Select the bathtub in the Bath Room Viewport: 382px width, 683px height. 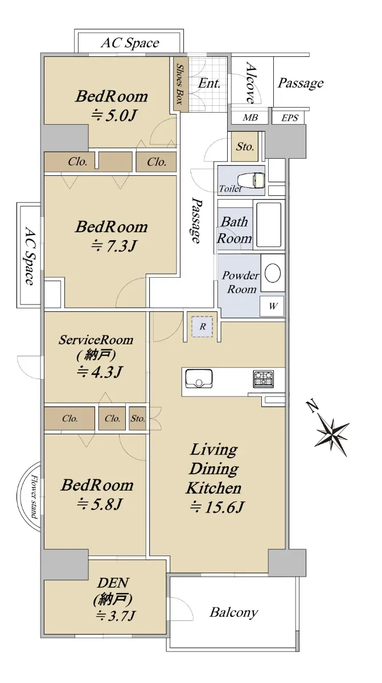click(x=269, y=225)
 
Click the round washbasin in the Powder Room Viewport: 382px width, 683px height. click(x=273, y=273)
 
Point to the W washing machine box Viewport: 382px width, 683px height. click(x=272, y=306)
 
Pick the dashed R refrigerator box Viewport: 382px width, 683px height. click(x=202, y=327)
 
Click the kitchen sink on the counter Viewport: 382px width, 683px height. click(x=199, y=379)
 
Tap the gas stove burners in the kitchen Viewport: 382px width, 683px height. click(x=263, y=378)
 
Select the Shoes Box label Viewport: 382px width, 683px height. click(x=179, y=84)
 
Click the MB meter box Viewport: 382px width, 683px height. click(x=250, y=118)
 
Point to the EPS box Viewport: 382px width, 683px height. click(x=289, y=118)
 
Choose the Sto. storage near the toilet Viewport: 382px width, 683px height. click(x=244, y=147)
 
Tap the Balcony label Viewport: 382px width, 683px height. click(x=233, y=612)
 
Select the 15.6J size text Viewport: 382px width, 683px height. click(x=217, y=507)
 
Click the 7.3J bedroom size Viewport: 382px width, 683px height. click(x=113, y=246)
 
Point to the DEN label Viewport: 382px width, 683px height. click(x=113, y=583)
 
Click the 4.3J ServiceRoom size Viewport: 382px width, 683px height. click(x=100, y=371)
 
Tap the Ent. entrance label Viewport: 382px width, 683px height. click(x=209, y=83)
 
